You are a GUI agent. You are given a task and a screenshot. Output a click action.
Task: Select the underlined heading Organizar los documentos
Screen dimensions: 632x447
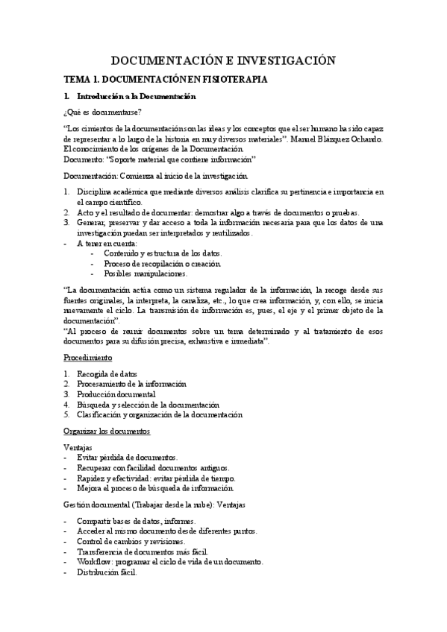click(x=107, y=431)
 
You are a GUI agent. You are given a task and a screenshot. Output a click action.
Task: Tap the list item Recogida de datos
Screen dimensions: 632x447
click(x=107, y=374)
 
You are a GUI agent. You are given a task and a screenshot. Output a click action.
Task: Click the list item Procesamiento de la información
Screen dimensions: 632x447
click(x=131, y=384)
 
